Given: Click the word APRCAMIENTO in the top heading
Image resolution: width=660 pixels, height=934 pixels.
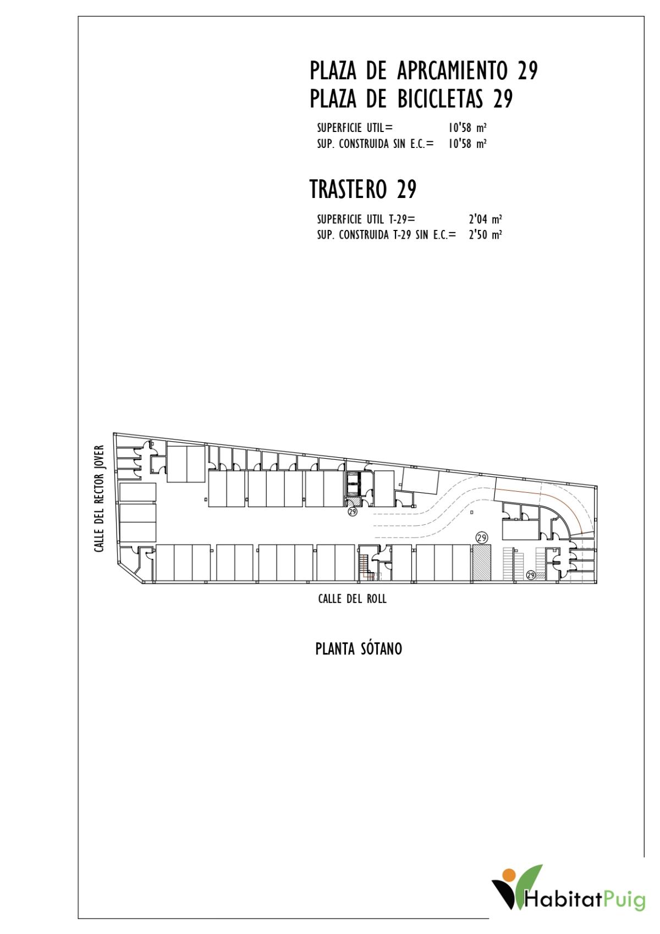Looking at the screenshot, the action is pos(452,70).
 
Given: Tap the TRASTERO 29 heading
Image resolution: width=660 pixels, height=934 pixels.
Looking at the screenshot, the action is pos(363,189).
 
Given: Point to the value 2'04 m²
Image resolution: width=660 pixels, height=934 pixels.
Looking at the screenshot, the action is pos(485,219).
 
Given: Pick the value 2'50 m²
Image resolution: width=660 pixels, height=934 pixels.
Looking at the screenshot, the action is pos(485,235).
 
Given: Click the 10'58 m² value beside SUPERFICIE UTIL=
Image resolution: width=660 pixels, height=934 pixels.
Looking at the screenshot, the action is pos(468,128).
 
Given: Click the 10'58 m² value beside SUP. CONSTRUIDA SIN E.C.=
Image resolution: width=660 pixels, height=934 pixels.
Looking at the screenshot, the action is pos(468,144).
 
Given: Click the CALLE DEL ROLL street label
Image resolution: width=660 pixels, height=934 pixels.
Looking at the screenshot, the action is pos(353,599).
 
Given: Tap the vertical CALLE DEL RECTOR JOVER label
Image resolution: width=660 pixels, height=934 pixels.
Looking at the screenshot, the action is pos(99,498).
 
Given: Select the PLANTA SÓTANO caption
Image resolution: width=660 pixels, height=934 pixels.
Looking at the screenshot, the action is pos(359,649).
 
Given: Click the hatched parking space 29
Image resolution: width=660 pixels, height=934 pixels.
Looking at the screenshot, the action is pos(482,563).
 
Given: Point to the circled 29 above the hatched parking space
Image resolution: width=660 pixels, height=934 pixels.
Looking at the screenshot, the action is pos(482,538).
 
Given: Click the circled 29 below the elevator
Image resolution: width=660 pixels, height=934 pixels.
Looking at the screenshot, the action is pos(353,511).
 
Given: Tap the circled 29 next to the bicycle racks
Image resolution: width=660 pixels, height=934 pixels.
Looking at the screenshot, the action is pos(531,575).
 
